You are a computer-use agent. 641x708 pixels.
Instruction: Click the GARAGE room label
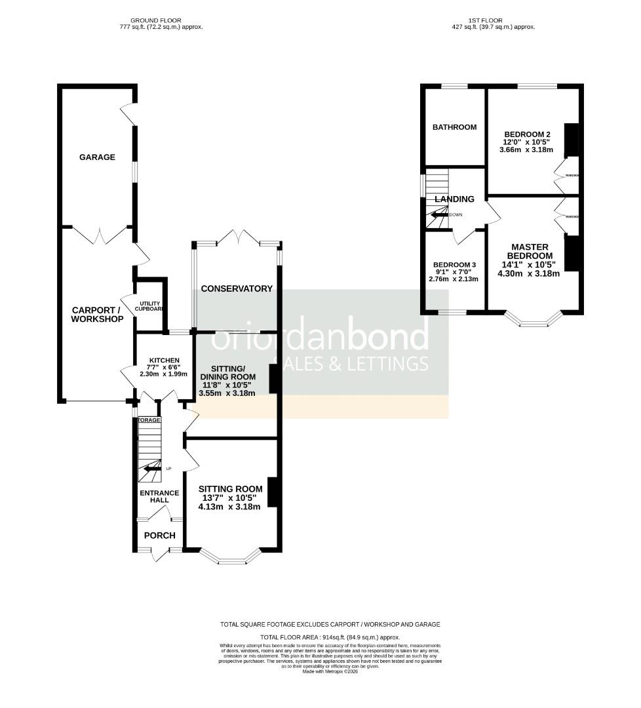(x=97, y=157)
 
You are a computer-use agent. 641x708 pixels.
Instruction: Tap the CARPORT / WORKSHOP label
(x=98, y=315)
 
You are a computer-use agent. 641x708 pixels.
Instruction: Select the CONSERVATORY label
(x=237, y=288)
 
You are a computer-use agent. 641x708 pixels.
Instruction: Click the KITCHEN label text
(x=164, y=361)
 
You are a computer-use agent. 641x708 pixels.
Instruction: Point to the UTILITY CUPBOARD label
(x=149, y=306)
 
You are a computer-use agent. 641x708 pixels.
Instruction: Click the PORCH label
(x=160, y=536)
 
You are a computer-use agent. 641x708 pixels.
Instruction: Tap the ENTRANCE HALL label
(x=159, y=497)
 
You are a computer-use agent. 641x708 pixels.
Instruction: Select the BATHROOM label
(x=454, y=127)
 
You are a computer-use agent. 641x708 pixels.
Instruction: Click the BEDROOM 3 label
(x=454, y=265)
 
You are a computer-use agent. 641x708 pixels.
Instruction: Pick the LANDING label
(x=453, y=199)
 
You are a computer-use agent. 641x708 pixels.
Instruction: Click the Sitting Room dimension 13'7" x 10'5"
(x=230, y=498)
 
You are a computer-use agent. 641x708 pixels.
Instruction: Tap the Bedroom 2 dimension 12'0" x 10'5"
(x=528, y=142)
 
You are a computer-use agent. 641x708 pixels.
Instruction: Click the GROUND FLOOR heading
(x=155, y=20)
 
